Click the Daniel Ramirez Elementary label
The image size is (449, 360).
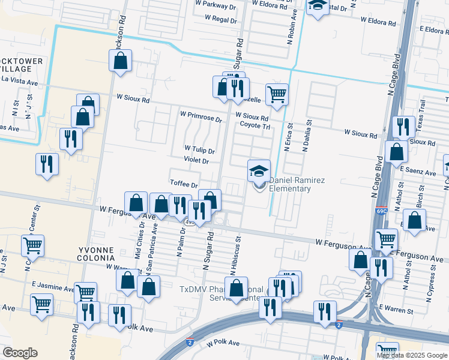click(290, 184)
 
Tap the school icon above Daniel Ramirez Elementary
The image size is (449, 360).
click(259, 171)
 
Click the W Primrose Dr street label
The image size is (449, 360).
click(201, 115)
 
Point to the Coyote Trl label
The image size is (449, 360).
click(256, 126)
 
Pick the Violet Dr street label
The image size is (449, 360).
click(196, 161)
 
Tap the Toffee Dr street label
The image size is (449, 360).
click(184, 185)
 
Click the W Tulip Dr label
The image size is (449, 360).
click(199, 148)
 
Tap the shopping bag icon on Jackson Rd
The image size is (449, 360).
click(120, 61)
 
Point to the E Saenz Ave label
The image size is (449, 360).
click(418, 172)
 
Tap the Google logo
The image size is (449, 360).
click(20, 353)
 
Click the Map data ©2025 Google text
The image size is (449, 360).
click(411, 355)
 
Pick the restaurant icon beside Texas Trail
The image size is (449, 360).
click(403, 127)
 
